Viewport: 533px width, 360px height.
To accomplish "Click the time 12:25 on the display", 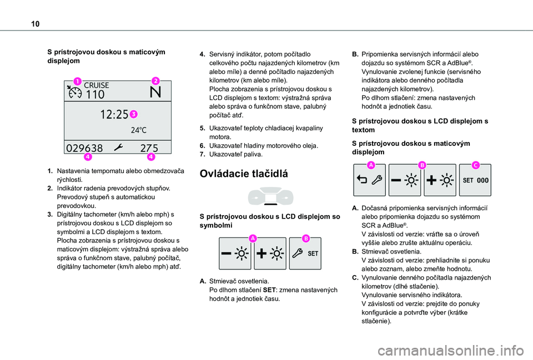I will tap(114, 115).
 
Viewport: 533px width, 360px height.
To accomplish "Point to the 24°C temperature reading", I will tap(139, 131).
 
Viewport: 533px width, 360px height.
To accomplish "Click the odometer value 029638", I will tap(84, 148).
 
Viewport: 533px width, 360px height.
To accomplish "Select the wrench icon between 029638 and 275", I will tap(118, 148).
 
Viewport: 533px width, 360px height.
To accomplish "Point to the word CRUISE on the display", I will tap(97, 85).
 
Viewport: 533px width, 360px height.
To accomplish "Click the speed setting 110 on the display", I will tap(95, 94).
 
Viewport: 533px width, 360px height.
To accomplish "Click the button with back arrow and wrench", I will tap(370, 180).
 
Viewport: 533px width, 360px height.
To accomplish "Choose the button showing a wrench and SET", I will tap(304, 253).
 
